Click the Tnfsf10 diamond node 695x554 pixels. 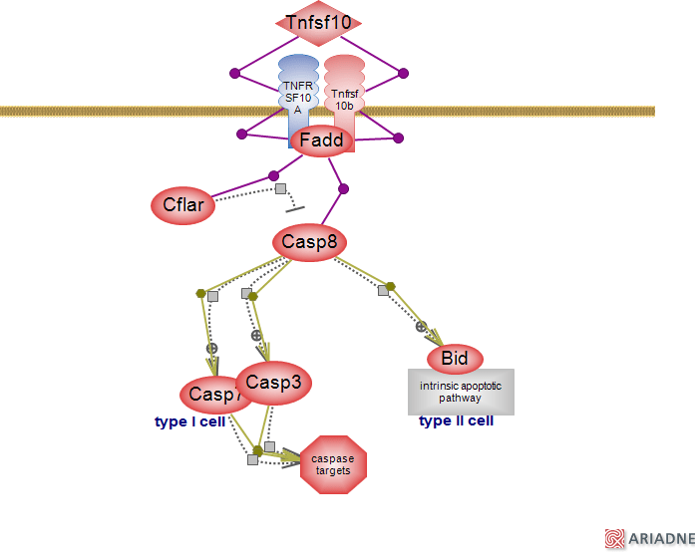[318, 22]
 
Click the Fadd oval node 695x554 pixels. [321, 140]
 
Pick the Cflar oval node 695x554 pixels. [183, 206]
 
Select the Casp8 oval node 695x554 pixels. [308, 242]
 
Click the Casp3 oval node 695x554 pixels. [273, 383]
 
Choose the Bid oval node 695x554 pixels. [455, 358]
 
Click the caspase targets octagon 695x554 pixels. [334, 464]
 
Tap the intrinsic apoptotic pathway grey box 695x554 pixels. [461, 392]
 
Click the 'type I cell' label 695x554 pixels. [191, 421]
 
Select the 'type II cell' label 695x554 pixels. [456, 420]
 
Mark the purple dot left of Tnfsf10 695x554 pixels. [235, 73]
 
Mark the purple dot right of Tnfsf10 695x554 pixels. [403, 73]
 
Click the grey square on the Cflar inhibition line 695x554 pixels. [281, 188]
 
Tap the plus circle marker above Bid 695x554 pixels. [421, 326]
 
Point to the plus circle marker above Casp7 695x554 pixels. [211, 348]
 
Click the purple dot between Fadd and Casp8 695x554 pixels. [343, 188]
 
